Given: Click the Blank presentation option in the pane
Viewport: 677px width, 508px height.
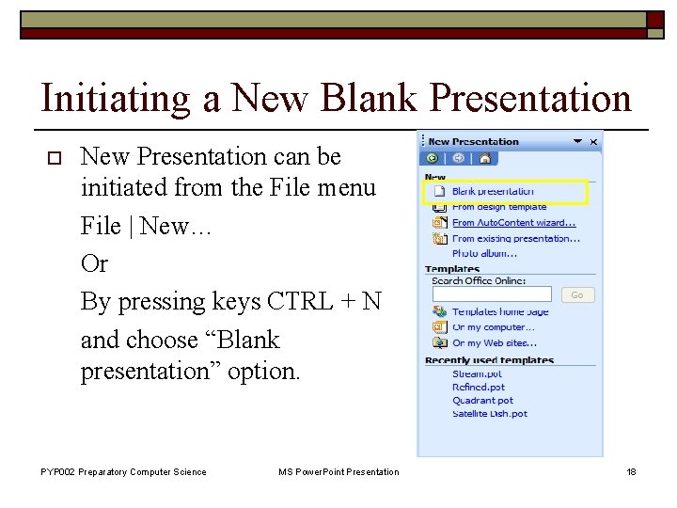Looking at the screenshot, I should pos(493,192).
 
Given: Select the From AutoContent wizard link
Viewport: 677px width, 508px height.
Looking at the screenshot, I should pos(513,223).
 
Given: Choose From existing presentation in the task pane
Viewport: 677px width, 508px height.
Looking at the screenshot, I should pos(515,238).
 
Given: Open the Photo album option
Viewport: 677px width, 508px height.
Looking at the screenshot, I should pos(484,253).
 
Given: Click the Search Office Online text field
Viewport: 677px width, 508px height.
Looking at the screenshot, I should pos(491,294).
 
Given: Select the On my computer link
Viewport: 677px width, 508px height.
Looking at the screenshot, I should pos(493,327).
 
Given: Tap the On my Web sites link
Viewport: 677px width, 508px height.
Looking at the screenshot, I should pos(495,342).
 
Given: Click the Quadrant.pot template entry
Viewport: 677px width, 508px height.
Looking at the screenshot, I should pos(483,400).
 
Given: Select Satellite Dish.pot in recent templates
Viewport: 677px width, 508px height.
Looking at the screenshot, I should pos(490,413).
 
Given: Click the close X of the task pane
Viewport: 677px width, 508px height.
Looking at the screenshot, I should pos(594,142).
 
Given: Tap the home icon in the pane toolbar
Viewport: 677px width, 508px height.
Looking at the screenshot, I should pos(484,159).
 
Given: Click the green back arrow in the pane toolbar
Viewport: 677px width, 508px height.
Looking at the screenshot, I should pos(433,159).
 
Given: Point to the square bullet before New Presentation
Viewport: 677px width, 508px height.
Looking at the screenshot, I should pos(45,156).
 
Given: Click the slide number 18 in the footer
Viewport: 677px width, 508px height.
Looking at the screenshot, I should pos(631,471).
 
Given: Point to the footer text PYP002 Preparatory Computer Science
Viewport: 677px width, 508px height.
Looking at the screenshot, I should pos(123,471).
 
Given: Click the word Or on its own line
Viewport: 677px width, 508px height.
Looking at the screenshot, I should pos(94,263).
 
